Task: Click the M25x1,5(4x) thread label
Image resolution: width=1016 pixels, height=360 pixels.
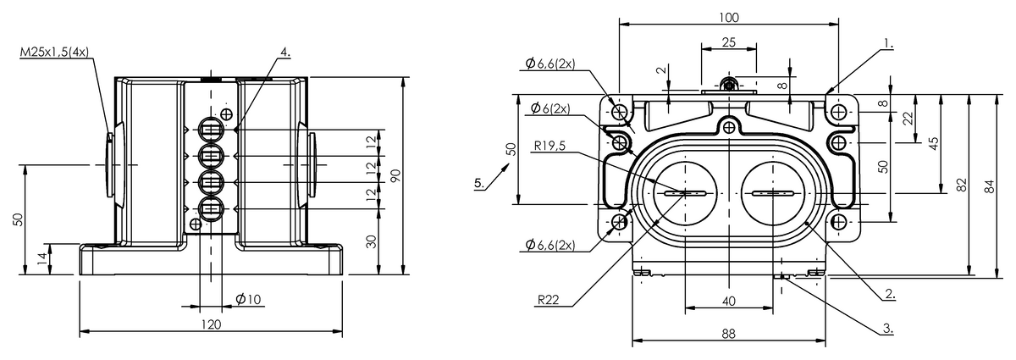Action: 54,53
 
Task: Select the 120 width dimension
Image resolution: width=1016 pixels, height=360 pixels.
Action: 211,324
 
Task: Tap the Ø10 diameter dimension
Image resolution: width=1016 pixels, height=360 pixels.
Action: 249,299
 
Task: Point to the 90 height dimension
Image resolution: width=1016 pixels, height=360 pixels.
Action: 395,175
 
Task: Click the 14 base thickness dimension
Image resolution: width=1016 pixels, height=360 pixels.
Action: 42,258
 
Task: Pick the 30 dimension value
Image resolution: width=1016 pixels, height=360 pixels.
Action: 371,241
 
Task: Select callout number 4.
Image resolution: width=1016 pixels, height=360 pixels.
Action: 284,53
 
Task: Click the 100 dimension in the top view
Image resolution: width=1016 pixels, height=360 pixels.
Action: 729,18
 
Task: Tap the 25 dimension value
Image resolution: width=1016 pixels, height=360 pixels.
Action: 728,42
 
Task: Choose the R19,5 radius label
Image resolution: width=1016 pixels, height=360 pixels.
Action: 549,146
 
